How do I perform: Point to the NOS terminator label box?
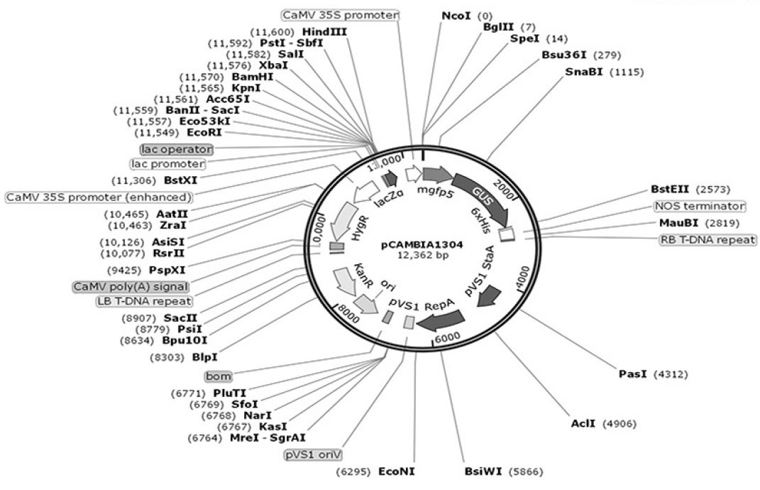[700, 206]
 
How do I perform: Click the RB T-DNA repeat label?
[707, 239]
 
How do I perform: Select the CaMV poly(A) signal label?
[130, 286]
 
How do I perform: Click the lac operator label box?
[177, 149]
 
